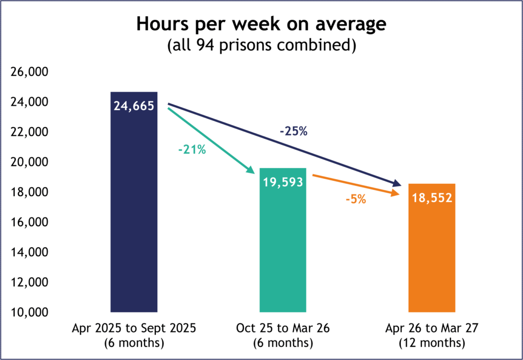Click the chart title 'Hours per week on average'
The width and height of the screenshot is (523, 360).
pyautogui.click(x=261, y=25)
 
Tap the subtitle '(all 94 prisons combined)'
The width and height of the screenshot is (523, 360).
pyautogui.click(x=261, y=45)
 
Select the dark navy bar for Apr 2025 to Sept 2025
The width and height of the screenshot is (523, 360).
pyautogui.click(x=134, y=214)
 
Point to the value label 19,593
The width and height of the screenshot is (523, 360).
pyautogui.click(x=283, y=182)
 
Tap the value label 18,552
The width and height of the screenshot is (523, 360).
pyautogui.click(x=432, y=198)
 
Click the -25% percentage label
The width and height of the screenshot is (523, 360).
pyautogui.click(x=293, y=131)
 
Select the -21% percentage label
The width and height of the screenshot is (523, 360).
pyautogui.click(x=192, y=151)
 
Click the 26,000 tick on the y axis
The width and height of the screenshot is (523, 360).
pyautogui.click(x=29, y=73)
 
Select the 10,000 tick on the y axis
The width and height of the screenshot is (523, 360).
pyautogui.click(x=29, y=312)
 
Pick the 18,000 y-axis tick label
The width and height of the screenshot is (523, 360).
pyautogui.click(x=29, y=193)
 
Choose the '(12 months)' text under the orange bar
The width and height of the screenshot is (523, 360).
pyautogui.click(x=432, y=343)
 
